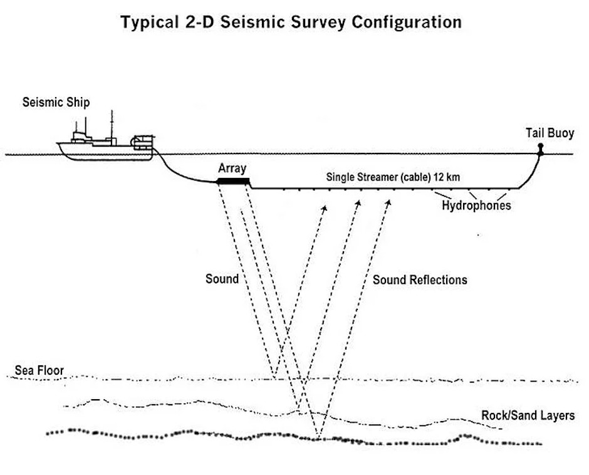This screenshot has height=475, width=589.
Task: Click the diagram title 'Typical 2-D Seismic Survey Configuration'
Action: click(291, 23)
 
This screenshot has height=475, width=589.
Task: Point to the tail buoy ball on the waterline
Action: click(539, 149)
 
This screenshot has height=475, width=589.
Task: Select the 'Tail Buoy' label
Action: click(550, 133)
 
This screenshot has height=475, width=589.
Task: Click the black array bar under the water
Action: click(233, 182)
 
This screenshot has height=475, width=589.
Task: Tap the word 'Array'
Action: click(232, 168)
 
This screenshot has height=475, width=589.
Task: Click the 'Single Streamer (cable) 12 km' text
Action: click(393, 177)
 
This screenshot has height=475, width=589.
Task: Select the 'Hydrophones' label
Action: click(476, 206)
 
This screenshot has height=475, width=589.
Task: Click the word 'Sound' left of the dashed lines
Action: click(222, 278)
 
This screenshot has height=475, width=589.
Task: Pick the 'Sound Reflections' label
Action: click(420, 279)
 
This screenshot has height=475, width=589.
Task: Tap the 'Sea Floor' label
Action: click(39, 370)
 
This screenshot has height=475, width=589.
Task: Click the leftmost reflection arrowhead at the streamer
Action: click(325, 207)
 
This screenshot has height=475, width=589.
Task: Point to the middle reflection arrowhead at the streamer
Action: click(359, 204)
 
